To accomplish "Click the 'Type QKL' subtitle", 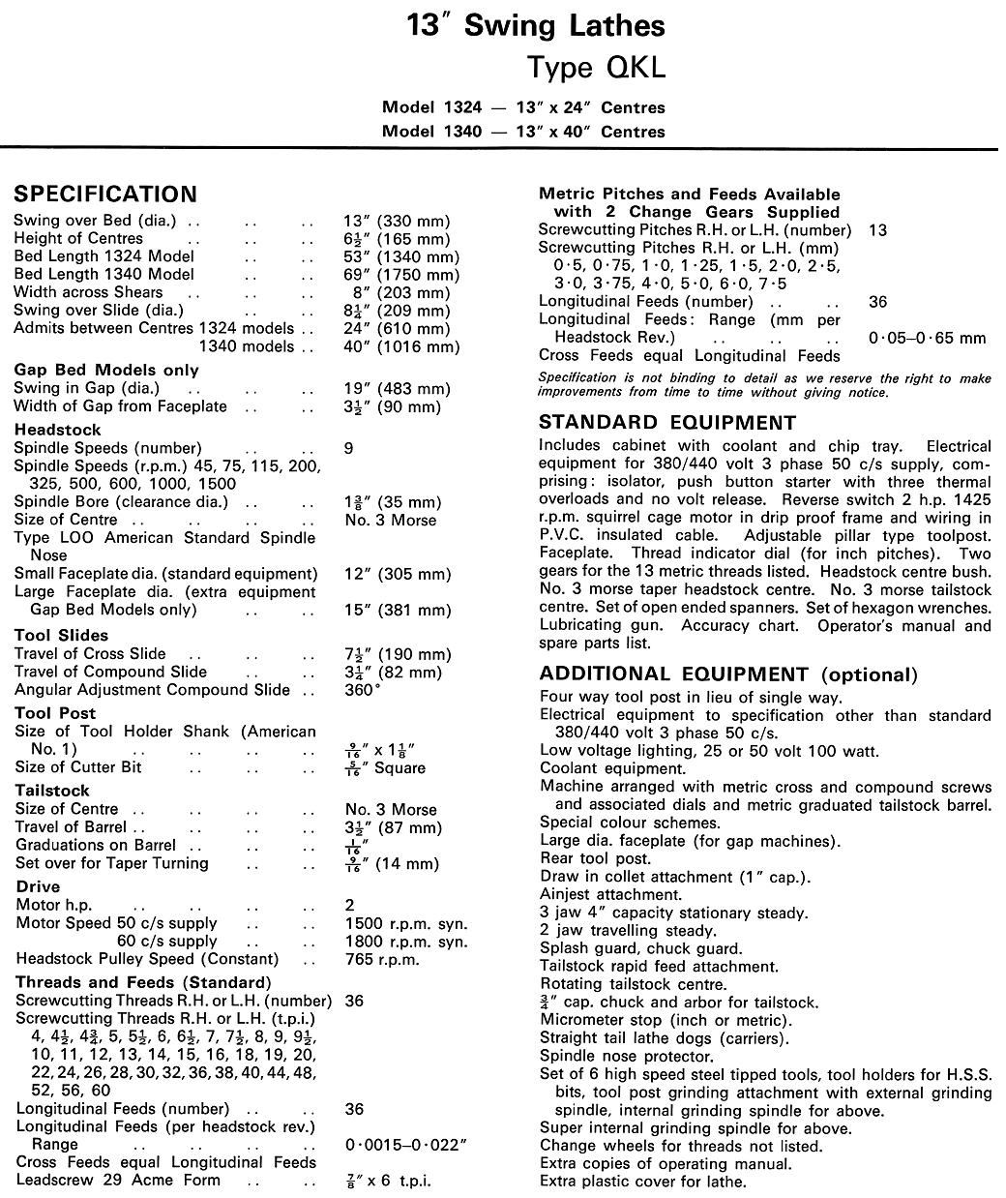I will coord(596,68).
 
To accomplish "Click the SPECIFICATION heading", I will coord(104,194).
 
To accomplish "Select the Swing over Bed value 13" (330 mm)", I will coord(397,221).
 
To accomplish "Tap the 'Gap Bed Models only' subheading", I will coord(106,370).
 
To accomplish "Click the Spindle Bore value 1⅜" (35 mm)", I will coord(393,502).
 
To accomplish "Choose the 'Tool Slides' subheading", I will coord(62,636).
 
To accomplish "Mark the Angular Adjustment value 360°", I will coord(363,690).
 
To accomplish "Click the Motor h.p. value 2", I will coord(350,905).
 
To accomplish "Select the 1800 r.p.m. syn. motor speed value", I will coord(406,942).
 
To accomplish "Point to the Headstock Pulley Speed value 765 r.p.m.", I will coord(383,959).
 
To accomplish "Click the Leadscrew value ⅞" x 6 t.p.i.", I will coord(388,1181).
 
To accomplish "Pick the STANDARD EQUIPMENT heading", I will coord(667,423).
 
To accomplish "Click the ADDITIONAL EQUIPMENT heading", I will coord(727,674).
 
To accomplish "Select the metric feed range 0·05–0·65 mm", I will coord(927,338).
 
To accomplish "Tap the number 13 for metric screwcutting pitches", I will coord(877,230).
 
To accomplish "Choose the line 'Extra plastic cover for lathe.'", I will coord(643,1182).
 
